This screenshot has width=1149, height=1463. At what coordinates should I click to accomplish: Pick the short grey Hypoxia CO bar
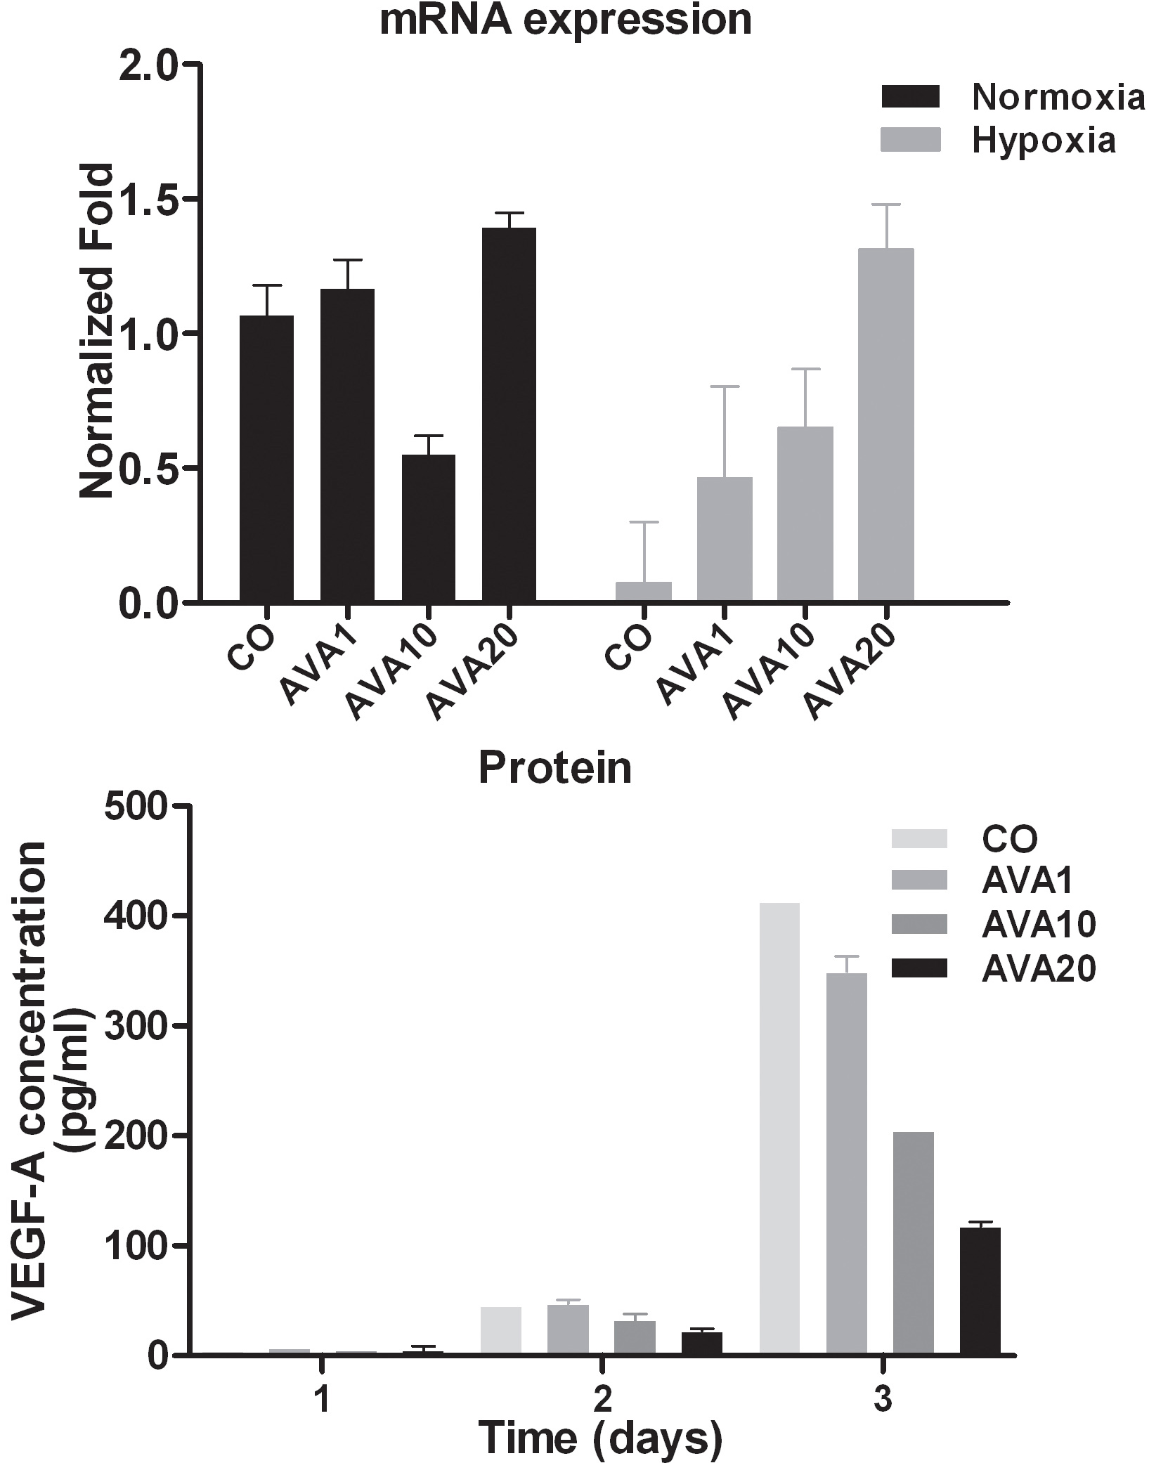(x=643, y=591)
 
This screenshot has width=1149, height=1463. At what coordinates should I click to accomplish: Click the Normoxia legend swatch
(x=910, y=96)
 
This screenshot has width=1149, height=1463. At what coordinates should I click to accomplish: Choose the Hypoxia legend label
(x=1044, y=141)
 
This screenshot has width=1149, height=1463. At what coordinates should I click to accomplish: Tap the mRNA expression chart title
(x=566, y=20)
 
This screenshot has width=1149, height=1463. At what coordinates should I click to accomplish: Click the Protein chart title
(x=555, y=768)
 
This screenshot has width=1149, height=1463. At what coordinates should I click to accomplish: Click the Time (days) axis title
(x=602, y=1437)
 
